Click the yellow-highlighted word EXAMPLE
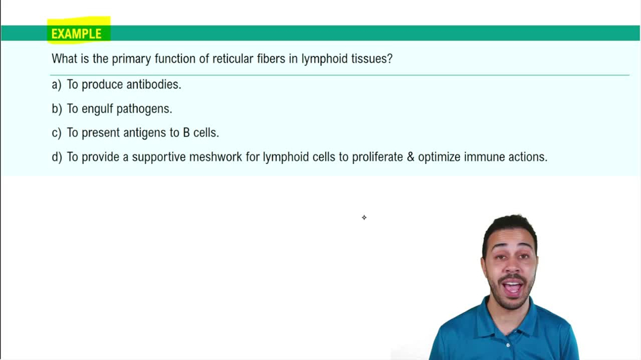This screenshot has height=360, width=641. [76, 34]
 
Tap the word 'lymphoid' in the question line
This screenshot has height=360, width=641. [324, 59]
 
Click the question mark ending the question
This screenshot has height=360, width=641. [390, 59]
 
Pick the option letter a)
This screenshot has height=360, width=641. [56, 85]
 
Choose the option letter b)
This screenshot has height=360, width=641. [56, 109]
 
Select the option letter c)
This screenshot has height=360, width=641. [56, 133]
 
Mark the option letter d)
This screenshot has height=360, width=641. [56, 157]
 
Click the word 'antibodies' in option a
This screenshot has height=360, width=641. [153, 85]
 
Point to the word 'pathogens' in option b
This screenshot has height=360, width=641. [144, 109]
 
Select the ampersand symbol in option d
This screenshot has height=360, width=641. [410, 157]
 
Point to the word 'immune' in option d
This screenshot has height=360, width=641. [483, 157]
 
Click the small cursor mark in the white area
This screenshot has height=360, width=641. [364, 218]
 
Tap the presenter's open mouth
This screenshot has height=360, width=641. [512, 286]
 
